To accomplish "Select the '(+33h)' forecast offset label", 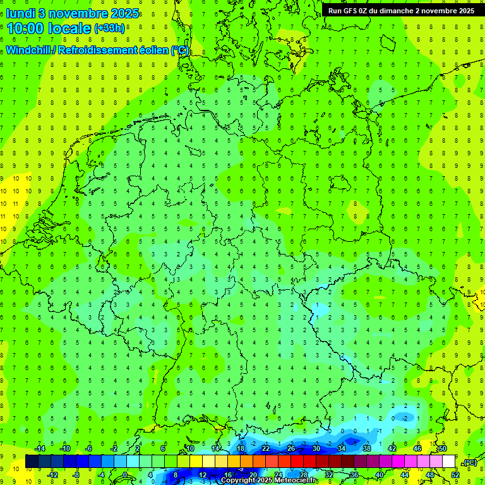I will point(109,28).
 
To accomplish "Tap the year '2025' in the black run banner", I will point(464,10).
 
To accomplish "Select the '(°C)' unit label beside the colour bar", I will point(469,463).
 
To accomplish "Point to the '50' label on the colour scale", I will point(442,448).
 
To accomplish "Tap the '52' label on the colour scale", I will point(455,475).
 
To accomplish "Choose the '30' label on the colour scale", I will point(316,448).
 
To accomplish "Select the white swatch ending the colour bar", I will point(449,462).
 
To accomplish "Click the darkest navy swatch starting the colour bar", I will point(32,462).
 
